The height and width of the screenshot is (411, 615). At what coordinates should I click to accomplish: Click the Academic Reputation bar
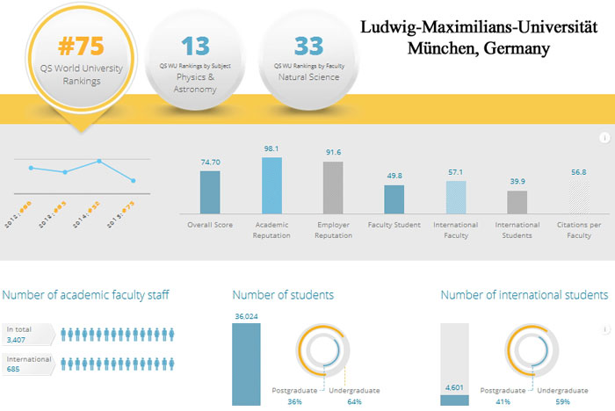tap(272, 185)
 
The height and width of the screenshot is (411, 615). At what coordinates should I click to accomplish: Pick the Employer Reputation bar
tap(333, 188)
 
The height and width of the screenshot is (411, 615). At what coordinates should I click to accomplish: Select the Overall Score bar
tap(210, 191)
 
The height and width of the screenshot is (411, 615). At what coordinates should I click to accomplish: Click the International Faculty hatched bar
tap(456, 197)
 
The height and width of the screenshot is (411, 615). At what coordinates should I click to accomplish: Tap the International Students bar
tap(517, 202)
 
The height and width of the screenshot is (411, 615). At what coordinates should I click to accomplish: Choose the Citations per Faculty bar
tap(579, 197)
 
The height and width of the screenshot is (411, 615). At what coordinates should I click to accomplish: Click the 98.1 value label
tap(271, 149)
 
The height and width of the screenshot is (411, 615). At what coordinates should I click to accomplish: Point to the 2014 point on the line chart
tap(100, 162)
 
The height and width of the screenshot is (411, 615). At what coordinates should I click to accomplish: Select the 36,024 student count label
tap(247, 316)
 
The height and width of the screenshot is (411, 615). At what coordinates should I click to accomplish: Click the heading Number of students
tap(283, 295)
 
